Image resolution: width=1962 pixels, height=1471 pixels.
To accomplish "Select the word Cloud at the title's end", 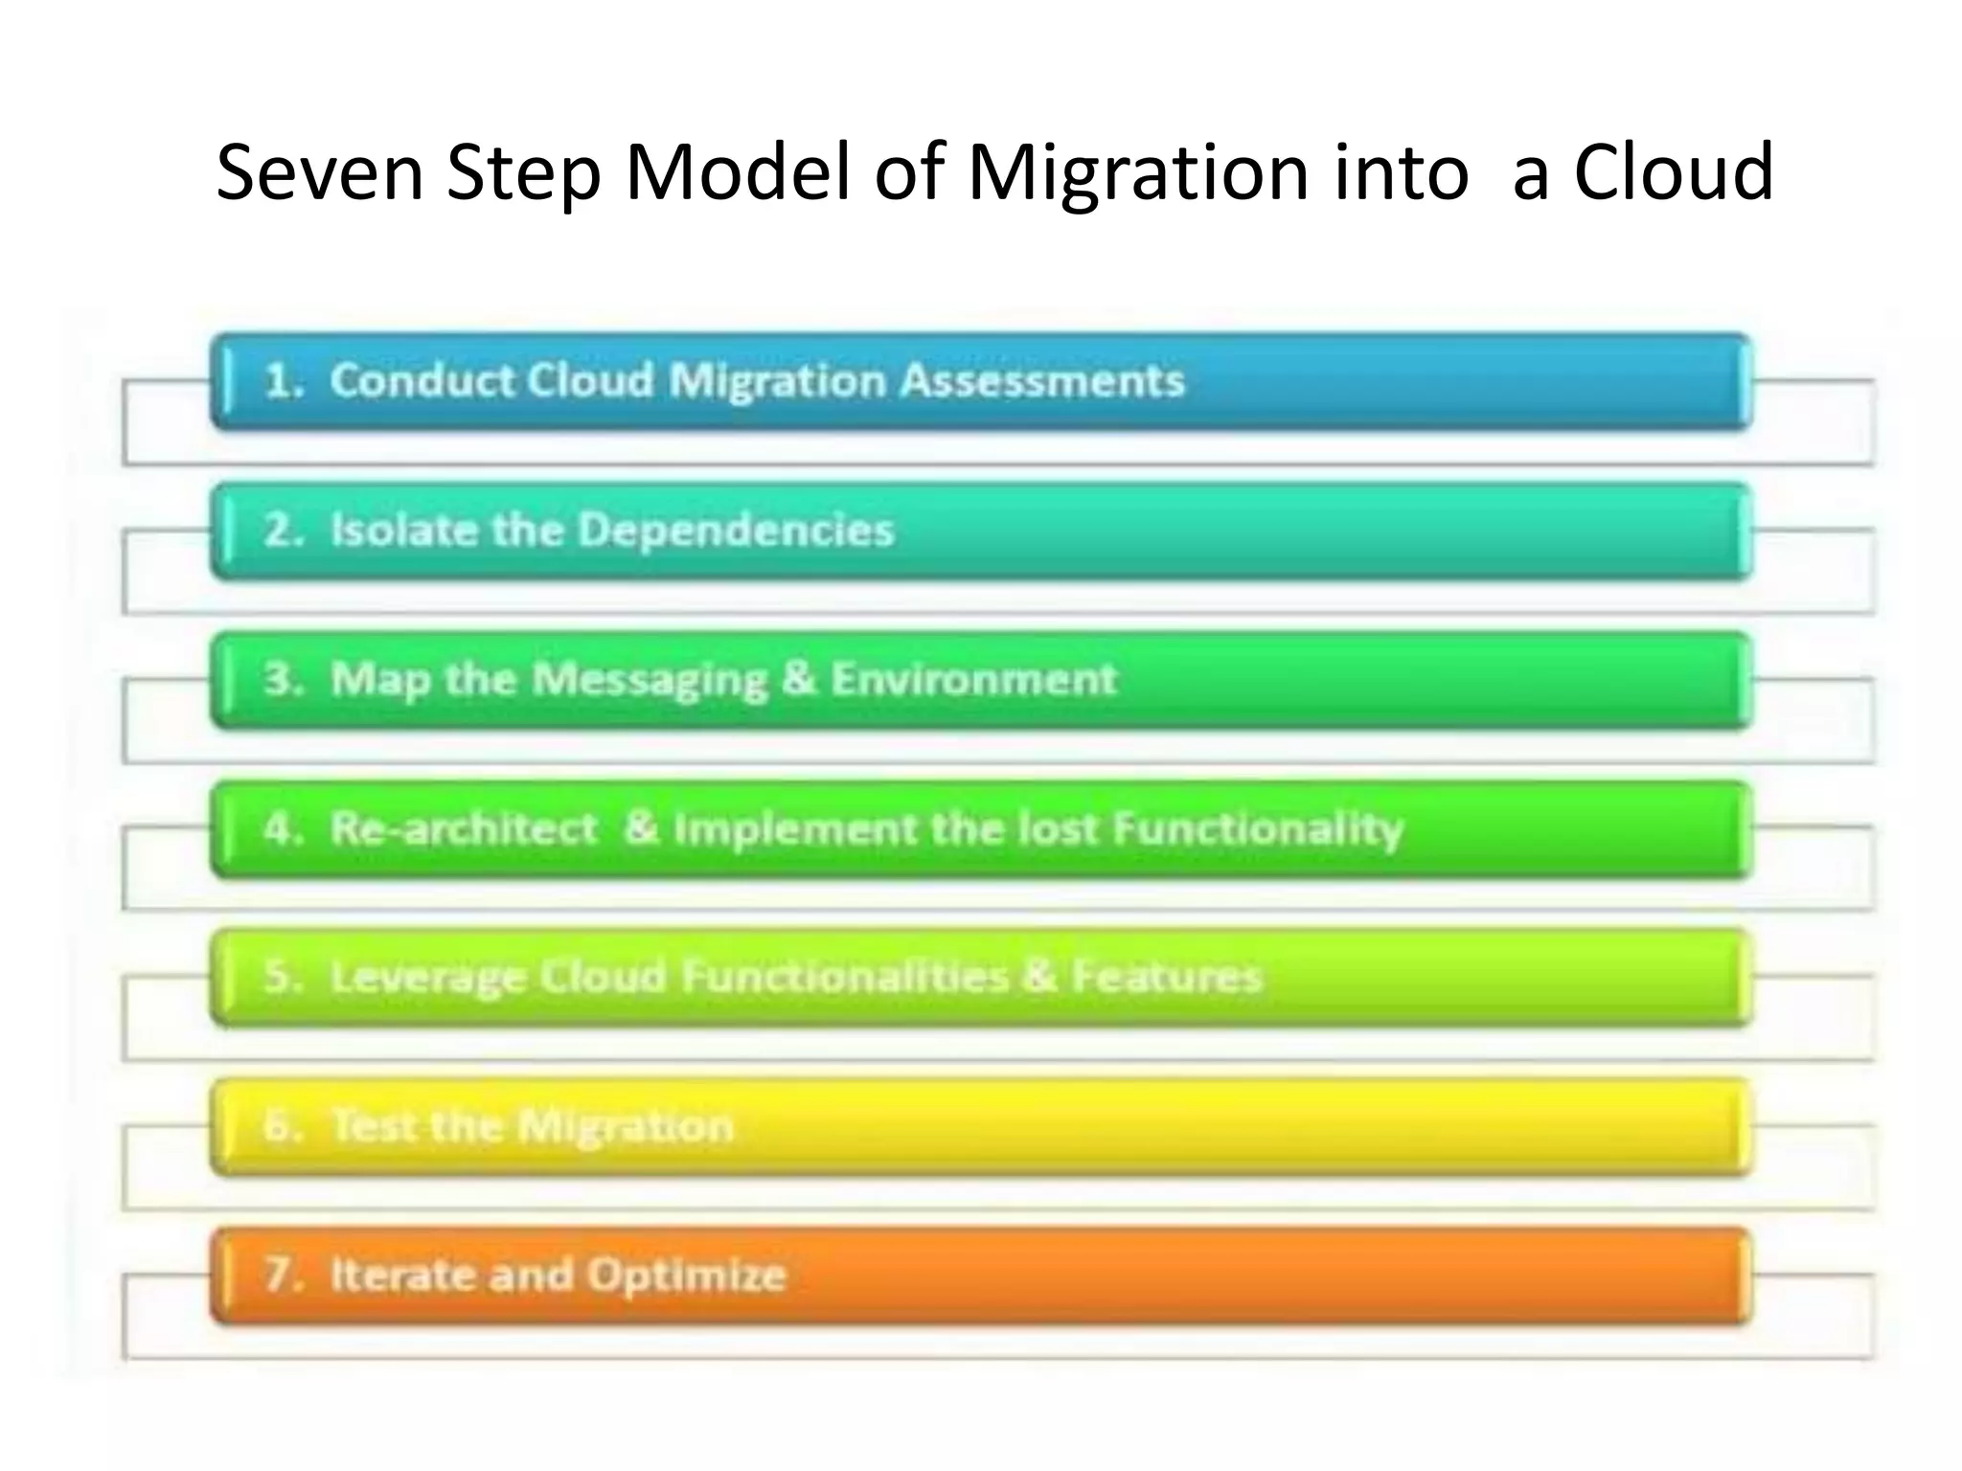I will [1673, 172].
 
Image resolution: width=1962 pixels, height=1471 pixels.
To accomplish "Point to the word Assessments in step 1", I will [1042, 380].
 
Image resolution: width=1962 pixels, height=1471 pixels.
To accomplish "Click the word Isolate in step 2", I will [403, 530].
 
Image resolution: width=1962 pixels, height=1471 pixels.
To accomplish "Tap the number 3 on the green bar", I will [281, 679].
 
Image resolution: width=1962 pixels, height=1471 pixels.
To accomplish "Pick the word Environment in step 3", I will [973, 679].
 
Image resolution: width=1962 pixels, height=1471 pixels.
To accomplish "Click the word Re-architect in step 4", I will [464, 828].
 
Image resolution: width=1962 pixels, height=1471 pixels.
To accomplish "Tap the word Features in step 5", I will [1167, 978].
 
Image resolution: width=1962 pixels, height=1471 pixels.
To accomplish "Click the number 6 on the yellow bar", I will [281, 1126].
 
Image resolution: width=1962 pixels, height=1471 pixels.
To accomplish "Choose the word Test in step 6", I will [372, 1126].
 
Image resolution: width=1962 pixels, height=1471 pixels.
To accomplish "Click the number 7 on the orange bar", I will [281, 1276].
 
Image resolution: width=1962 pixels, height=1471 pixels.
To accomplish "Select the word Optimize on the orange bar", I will [686, 1276].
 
